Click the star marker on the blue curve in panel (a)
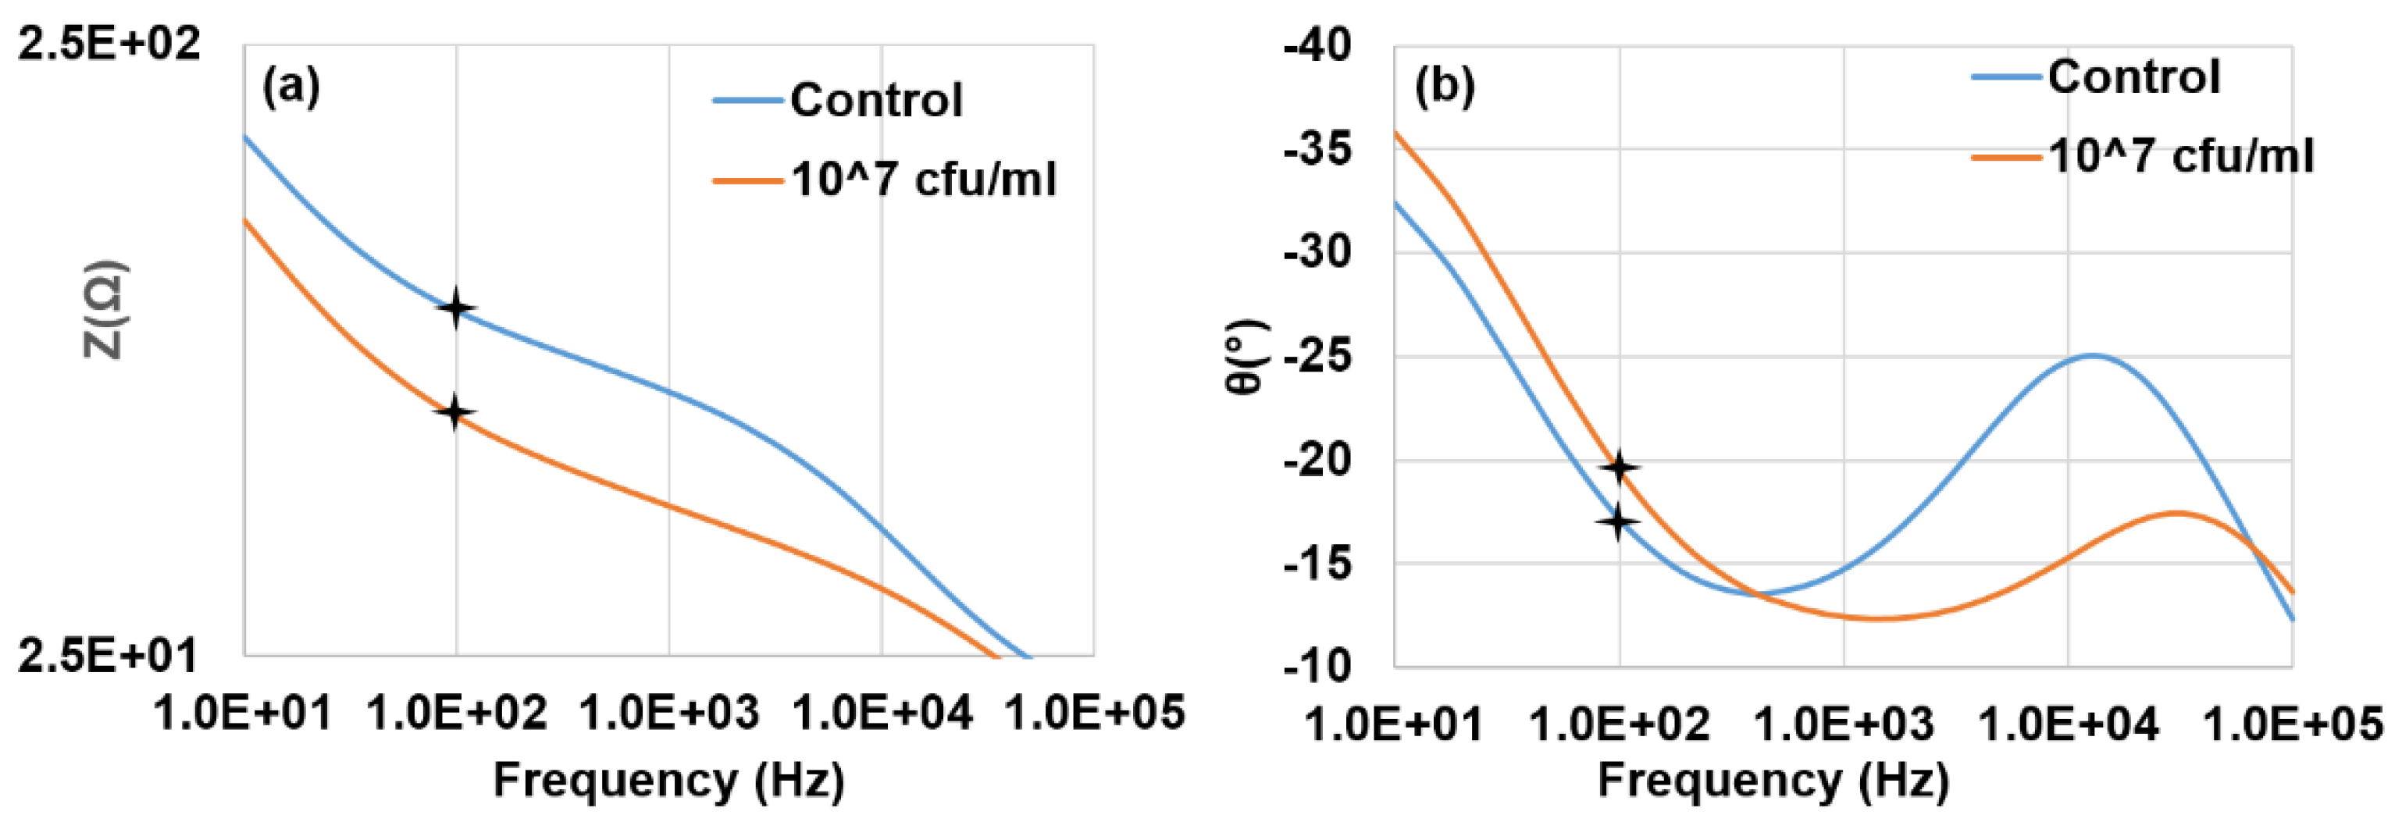point(455,308)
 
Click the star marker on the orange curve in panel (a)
point(454,412)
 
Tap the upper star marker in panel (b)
point(1620,468)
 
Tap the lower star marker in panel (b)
point(1618,521)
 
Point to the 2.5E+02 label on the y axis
point(109,44)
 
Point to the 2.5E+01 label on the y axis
point(108,657)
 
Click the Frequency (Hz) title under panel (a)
point(668,779)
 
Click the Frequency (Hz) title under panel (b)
point(1772,779)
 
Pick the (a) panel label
point(290,88)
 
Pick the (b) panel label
point(1444,87)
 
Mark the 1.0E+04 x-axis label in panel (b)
point(2068,724)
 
